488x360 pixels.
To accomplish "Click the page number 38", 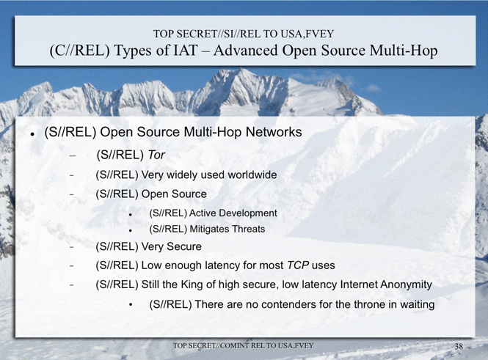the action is tap(459, 346).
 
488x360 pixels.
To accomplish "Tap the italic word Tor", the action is tap(156, 155).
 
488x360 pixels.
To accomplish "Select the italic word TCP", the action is tap(298, 265).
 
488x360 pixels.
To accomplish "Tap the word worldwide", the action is tap(252, 175).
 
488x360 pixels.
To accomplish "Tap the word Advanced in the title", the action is tap(246, 51).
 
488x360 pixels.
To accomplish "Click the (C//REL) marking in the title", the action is tap(80, 51).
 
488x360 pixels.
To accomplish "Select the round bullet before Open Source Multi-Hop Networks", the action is tap(32, 134).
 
